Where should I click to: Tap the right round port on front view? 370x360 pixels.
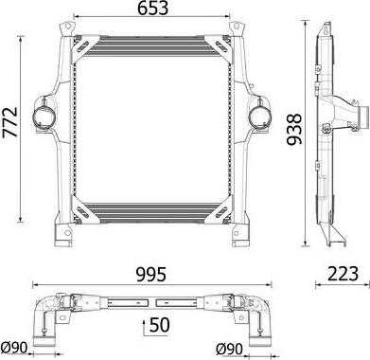point(256,116)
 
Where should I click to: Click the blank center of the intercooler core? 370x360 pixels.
point(152,123)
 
